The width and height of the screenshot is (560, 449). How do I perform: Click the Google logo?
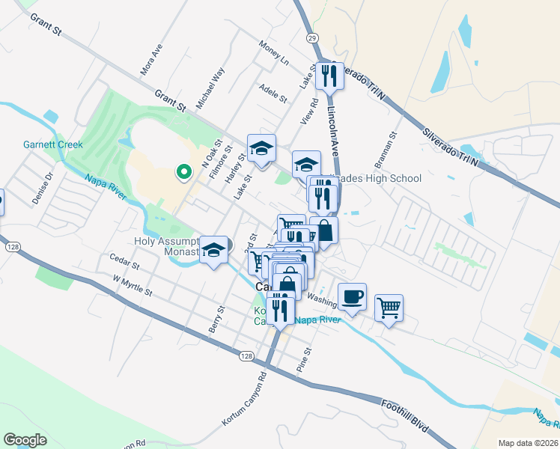tap(25, 440)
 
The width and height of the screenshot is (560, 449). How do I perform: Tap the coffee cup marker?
tap(352, 297)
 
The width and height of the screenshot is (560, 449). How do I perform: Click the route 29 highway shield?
tap(312, 37)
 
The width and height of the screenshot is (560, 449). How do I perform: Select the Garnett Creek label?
tap(52, 144)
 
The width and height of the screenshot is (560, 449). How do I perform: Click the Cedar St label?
tap(124, 265)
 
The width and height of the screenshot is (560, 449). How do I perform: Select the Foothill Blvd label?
tap(404, 415)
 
